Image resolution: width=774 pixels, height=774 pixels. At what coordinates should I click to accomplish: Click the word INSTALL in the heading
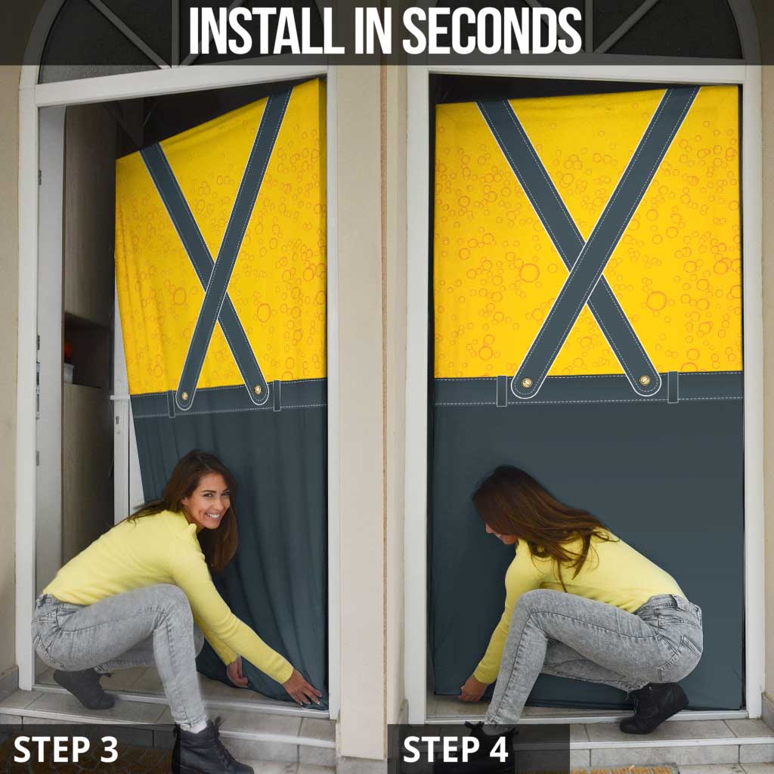coord(267,30)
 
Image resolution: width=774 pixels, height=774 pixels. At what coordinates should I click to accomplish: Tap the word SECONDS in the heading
coord(492,30)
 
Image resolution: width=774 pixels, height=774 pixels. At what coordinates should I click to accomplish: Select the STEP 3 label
coord(66,749)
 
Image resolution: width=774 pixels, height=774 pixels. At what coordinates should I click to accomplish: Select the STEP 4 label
coord(455,749)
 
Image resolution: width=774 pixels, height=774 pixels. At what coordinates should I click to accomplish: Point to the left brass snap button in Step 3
coord(185,396)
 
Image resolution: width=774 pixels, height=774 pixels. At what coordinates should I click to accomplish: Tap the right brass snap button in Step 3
coord(258,389)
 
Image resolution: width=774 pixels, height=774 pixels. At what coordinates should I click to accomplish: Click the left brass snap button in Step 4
coord(526,382)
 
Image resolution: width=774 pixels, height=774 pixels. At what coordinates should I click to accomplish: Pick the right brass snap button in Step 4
coord(644,380)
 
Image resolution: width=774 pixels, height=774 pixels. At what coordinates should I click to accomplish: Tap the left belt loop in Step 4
coord(502,391)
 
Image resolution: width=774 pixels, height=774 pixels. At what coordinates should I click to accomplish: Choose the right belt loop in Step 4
coord(673,387)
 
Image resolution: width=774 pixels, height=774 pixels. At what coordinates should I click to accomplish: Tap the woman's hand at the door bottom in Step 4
coord(472,689)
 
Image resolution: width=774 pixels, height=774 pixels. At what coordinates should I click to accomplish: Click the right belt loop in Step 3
coord(277,395)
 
